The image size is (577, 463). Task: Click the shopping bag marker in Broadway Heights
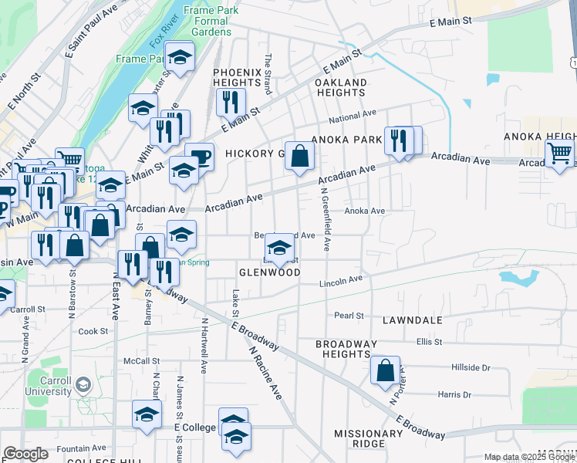click(x=385, y=370)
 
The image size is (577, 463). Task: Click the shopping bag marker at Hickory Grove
click(x=299, y=155)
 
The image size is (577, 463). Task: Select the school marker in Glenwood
click(x=279, y=248)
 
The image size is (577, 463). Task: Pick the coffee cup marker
click(x=200, y=157)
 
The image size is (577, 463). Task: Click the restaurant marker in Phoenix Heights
click(x=230, y=101)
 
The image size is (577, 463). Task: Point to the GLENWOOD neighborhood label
click(x=269, y=272)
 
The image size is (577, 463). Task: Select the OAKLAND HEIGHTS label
click(x=340, y=87)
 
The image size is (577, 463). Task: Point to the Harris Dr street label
click(x=454, y=394)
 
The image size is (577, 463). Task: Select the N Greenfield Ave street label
click(x=326, y=220)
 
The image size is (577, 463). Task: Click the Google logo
click(x=26, y=454)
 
